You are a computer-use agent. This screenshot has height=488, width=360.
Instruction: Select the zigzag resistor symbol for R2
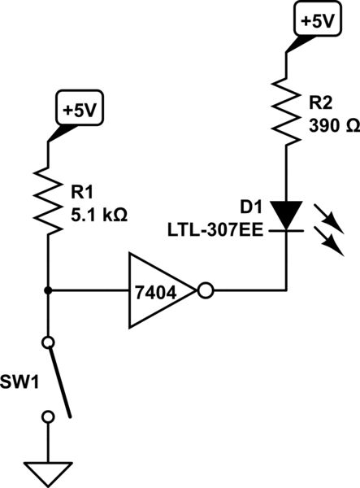(287, 110)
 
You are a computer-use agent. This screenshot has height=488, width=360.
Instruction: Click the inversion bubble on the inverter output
(205, 290)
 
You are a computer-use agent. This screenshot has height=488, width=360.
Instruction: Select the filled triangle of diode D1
(287, 215)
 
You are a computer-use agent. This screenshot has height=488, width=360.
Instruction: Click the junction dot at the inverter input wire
(48, 290)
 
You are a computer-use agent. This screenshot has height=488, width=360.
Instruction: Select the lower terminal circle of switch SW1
(48, 416)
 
